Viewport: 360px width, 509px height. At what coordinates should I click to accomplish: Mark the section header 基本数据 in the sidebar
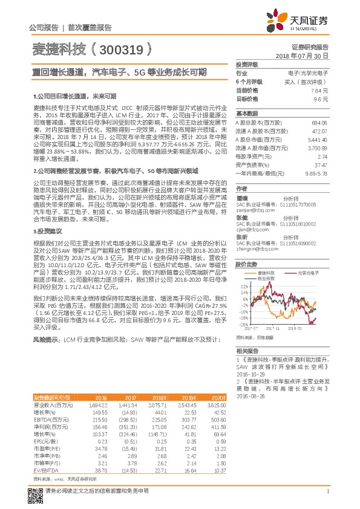[x=247, y=113]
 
